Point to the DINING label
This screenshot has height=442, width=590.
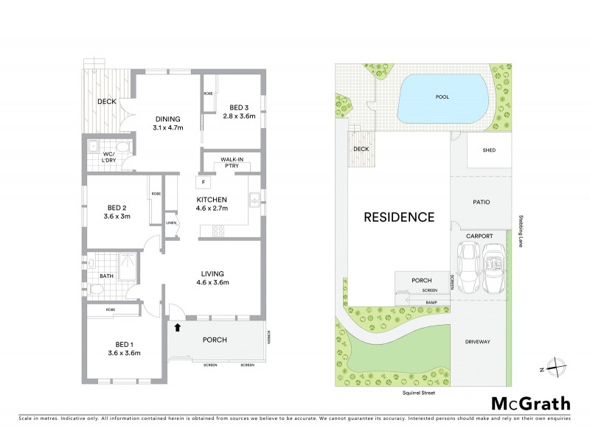[167, 119]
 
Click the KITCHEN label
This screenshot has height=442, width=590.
[211, 200]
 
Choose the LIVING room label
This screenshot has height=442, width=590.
[211, 273]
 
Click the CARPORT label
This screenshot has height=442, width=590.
[479, 236]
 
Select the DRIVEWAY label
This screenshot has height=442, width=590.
[478, 342]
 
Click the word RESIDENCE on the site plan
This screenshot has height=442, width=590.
[398, 217]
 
